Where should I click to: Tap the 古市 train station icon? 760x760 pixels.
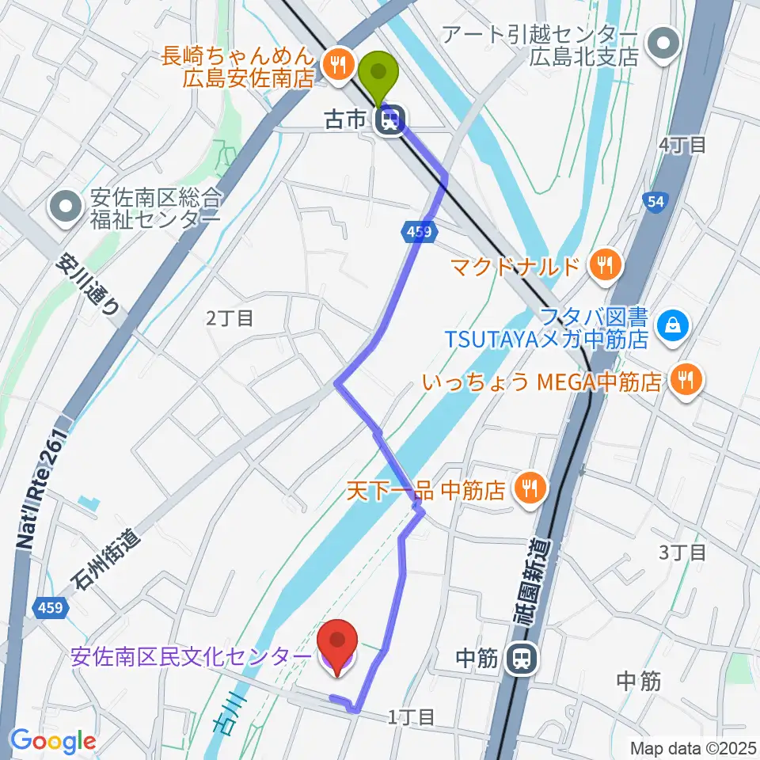pos(390,120)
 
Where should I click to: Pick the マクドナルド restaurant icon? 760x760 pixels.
pos(606,266)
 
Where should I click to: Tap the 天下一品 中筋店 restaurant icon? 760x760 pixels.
pos(530,489)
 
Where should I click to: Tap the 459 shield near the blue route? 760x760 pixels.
pos(420,232)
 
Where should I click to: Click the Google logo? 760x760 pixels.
pos(53,742)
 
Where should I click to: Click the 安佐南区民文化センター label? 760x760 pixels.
pos(191,657)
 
